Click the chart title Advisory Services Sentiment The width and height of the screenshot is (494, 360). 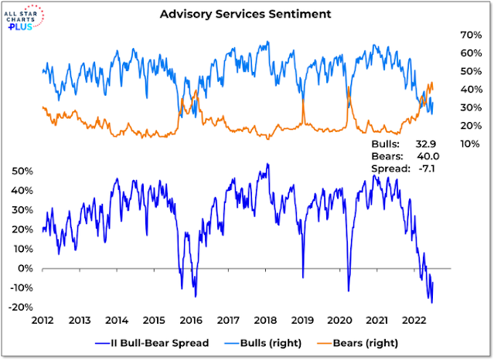click(x=247, y=14)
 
